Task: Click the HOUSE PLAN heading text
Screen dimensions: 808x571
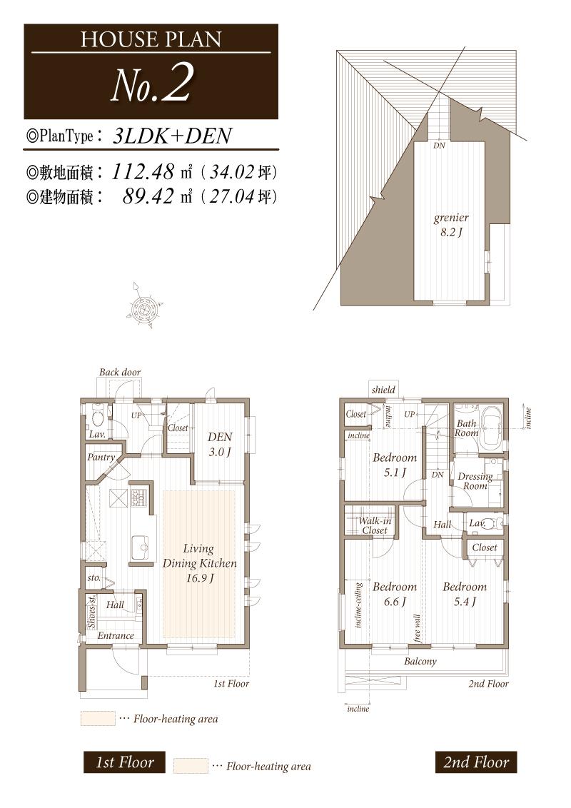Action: pyautogui.click(x=151, y=39)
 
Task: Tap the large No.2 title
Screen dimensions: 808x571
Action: pyautogui.click(x=151, y=86)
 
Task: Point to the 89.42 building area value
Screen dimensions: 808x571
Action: pyautogui.click(x=149, y=196)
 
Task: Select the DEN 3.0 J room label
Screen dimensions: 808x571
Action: pyautogui.click(x=219, y=443)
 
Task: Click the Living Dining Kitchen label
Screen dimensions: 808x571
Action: pyautogui.click(x=199, y=563)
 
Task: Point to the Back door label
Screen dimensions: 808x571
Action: pyautogui.click(x=120, y=373)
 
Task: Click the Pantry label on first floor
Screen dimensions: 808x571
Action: pyautogui.click(x=101, y=458)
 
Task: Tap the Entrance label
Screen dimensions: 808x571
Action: pyautogui.click(x=115, y=636)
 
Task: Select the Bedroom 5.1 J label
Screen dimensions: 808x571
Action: pyautogui.click(x=394, y=465)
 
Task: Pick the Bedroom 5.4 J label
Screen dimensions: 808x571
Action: pyautogui.click(x=464, y=594)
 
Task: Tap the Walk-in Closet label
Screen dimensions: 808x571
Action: pyautogui.click(x=375, y=526)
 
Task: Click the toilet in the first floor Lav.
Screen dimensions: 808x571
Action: pyautogui.click(x=98, y=415)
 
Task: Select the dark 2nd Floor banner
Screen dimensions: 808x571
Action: pyautogui.click(x=475, y=762)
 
